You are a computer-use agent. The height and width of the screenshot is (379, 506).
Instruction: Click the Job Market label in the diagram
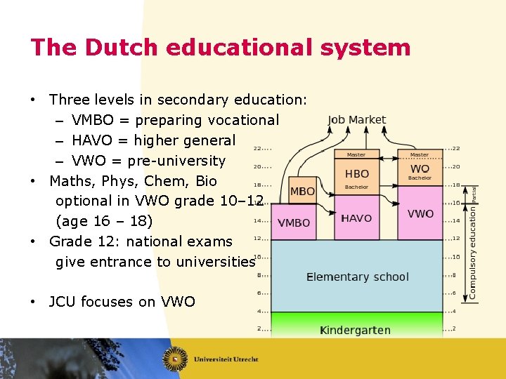(356, 120)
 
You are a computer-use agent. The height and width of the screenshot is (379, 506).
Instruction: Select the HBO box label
(356, 173)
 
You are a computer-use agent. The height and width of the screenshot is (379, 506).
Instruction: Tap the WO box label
(420, 169)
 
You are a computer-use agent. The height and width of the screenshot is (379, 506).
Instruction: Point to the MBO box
(302, 191)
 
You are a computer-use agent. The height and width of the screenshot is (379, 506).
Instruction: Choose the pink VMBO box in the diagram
(294, 222)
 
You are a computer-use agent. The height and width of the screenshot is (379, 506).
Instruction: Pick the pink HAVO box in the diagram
(356, 218)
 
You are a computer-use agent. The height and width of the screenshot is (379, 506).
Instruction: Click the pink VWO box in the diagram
(420, 213)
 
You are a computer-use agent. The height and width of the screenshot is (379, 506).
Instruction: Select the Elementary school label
(357, 277)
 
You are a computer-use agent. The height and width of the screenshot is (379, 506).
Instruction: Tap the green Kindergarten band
(355, 329)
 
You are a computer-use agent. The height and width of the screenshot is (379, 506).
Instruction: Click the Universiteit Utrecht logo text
(227, 359)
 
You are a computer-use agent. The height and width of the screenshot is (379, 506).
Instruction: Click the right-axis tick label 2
(454, 328)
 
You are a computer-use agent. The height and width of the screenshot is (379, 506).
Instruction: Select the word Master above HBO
(356, 155)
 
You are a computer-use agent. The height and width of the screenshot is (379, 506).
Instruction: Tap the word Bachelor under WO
(420, 178)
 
